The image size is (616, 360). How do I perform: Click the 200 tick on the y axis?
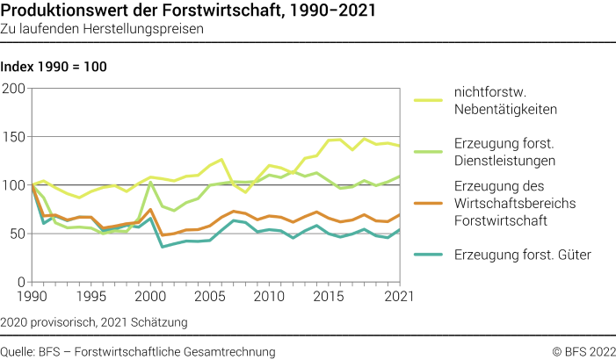[14, 89]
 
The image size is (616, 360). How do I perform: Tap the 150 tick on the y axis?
[14, 137]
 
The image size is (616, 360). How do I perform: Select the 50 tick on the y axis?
[18, 234]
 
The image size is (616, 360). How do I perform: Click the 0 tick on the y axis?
[22, 282]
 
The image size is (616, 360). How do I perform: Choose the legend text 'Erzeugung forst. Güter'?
[522, 255]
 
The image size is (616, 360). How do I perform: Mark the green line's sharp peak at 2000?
[150, 183]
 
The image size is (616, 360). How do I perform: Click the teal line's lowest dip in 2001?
[162, 247]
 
